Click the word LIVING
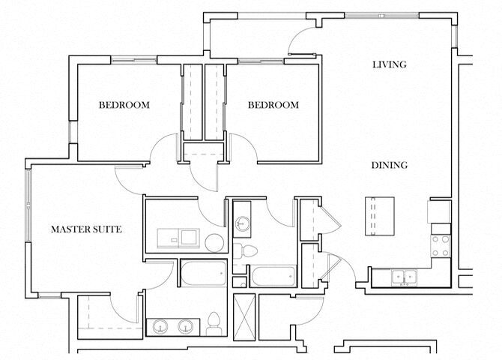tap(389, 64)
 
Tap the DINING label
tap(389, 165)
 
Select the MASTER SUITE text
tap(85, 228)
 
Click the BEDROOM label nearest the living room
tap(273, 105)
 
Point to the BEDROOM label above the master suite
tap(124, 105)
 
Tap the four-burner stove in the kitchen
tap(441, 245)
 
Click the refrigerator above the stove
tap(438, 213)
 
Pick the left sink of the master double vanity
tap(160, 327)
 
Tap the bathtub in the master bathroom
tap(200, 273)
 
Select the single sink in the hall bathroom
tap(242, 223)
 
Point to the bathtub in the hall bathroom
tap(272, 277)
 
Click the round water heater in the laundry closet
tap(214, 241)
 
